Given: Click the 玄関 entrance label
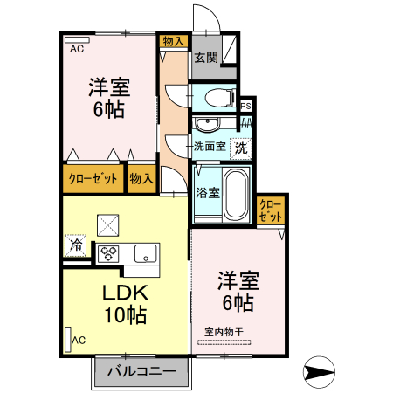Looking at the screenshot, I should pyautogui.click(x=205, y=59).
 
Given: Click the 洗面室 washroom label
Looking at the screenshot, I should pyautogui.click(x=210, y=148).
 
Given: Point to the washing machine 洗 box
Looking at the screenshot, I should pyautogui.click(x=240, y=148).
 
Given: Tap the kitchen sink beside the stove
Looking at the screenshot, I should pyautogui.click(x=145, y=253).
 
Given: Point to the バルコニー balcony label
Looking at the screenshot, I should pyautogui.click(x=141, y=370).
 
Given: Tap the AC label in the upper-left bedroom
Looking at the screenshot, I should pyautogui.click(x=77, y=49).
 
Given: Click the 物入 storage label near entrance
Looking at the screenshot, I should pyautogui.click(x=174, y=41).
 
